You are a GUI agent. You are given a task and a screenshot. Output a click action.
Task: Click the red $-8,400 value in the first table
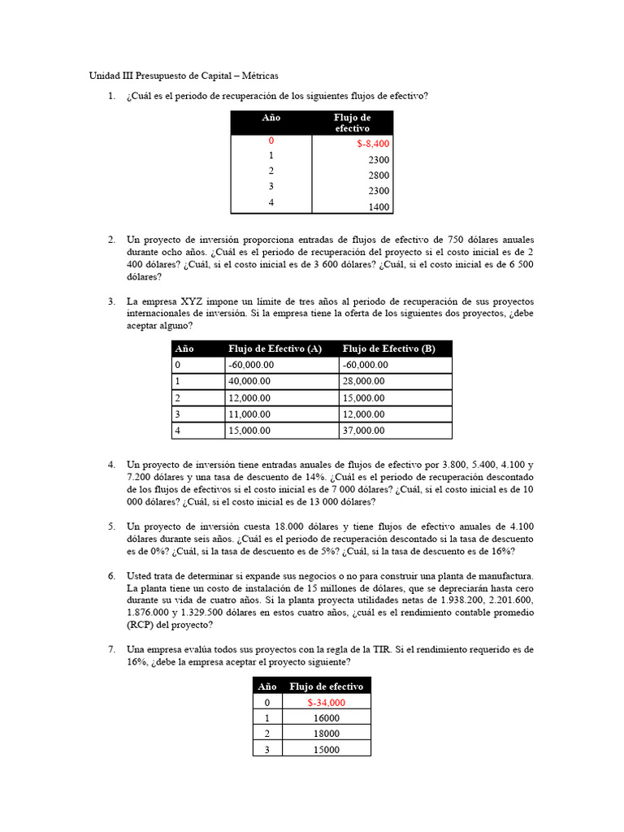[373, 144]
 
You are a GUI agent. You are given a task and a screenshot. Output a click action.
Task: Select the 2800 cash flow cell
[379, 175]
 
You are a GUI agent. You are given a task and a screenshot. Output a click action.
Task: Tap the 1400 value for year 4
[379, 207]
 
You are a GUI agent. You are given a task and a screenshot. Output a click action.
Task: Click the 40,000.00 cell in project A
[252, 380]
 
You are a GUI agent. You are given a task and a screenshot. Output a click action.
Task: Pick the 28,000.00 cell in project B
[365, 380]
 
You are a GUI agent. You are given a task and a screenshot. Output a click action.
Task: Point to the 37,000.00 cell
[365, 431]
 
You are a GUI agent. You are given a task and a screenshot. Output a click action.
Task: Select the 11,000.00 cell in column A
[252, 414]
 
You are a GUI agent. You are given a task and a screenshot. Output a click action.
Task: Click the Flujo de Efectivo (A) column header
[275, 349]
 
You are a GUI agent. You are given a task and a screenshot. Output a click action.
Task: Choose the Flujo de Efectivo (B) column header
[389, 349]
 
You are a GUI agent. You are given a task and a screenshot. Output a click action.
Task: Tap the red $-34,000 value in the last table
[327, 703]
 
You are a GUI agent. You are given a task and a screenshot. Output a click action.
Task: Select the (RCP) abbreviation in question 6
[141, 626]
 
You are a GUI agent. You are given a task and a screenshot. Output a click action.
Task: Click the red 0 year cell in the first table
[271, 141]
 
